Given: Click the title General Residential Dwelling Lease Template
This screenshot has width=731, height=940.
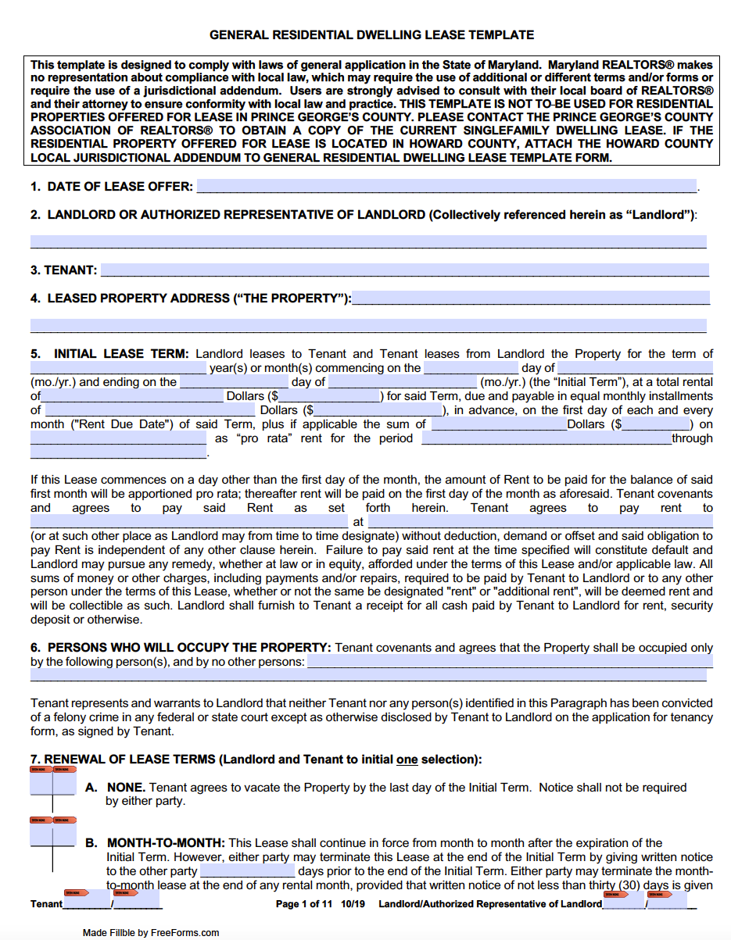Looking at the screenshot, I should [371, 35].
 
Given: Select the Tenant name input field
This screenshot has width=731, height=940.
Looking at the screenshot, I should [404, 270].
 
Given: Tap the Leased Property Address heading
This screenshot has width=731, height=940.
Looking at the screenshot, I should [199, 298].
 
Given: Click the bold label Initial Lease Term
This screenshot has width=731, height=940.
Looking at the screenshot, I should [121, 354].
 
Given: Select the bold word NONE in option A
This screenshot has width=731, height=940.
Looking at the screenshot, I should [126, 788].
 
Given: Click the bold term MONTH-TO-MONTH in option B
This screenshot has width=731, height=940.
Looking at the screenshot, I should [166, 843].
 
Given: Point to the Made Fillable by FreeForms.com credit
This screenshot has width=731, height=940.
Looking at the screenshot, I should [151, 932].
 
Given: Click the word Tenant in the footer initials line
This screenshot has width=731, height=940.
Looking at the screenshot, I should [46, 904].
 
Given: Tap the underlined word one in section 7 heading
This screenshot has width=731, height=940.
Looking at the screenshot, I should [407, 760].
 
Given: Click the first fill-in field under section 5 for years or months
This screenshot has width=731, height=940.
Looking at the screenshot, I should [118, 368].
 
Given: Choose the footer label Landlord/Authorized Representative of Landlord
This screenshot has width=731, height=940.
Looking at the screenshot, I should [490, 904].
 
